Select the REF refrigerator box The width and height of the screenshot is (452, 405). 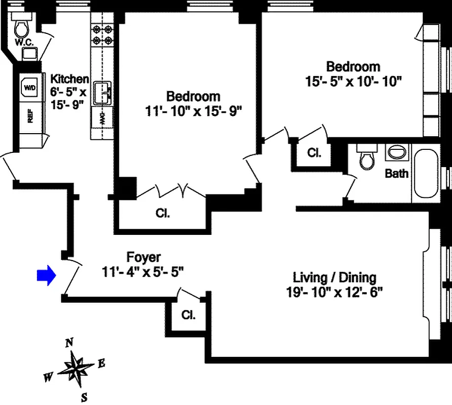[30, 117]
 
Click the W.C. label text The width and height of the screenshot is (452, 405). [24, 43]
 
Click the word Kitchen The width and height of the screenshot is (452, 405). [69, 79]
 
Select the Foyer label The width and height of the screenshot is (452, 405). [143, 258]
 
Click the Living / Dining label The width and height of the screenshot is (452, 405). [334, 277]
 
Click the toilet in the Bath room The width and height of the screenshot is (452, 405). [365, 158]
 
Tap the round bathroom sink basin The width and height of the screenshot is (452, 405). [397, 152]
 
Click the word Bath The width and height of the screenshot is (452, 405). [397, 174]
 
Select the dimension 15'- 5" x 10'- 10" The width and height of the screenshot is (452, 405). [354, 81]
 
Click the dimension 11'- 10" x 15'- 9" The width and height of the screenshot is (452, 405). [193, 110]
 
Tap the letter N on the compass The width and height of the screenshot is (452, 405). [68, 343]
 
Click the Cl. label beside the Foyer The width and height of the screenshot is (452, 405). [189, 314]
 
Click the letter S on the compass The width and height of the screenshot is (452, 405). [85, 396]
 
